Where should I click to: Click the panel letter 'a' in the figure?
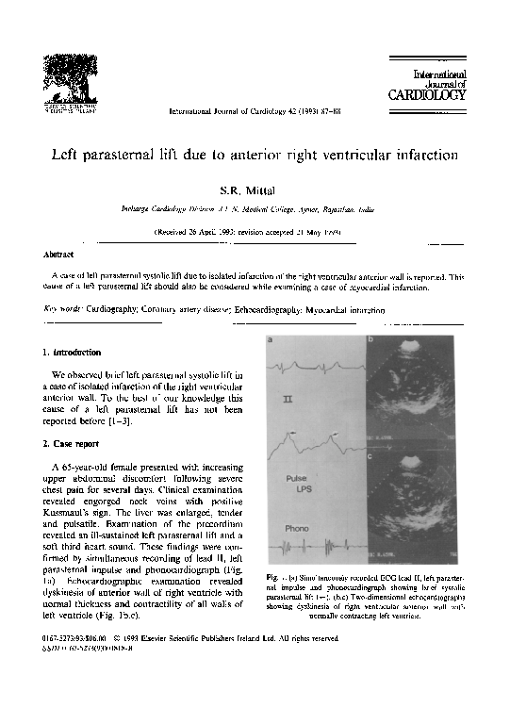(271, 340)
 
